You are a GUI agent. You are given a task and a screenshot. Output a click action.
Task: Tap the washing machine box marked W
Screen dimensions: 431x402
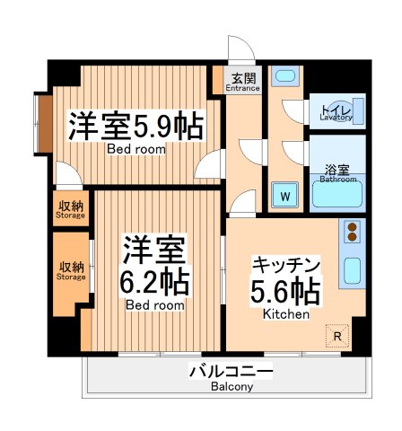click(x=285, y=194)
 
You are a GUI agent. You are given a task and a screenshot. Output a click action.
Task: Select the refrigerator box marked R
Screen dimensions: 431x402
click(x=336, y=337)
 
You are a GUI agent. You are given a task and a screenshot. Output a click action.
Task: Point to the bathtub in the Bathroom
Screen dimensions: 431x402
click(x=336, y=196)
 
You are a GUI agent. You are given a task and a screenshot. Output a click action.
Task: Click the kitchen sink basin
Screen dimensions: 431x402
click(x=353, y=270)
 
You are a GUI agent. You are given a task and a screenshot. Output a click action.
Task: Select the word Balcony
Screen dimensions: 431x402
click(x=232, y=387)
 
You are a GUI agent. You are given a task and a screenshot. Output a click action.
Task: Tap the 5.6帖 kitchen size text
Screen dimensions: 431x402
click(x=286, y=291)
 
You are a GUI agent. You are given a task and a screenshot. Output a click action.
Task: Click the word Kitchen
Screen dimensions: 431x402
click(x=286, y=315)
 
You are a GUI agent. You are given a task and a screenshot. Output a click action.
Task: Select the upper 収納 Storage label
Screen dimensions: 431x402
click(x=71, y=209)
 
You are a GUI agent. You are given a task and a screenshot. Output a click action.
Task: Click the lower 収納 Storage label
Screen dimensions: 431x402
click(x=71, y=270)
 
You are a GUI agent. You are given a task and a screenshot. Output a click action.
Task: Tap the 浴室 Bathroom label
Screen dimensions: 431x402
click(x=336, y=171)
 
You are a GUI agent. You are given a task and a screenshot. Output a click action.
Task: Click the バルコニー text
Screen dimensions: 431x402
click(x=231, y=371)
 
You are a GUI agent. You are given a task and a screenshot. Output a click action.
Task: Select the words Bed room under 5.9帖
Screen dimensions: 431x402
click(x=136, y=149)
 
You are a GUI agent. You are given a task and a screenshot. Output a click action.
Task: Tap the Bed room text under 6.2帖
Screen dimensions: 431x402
click(x=154, y=305)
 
